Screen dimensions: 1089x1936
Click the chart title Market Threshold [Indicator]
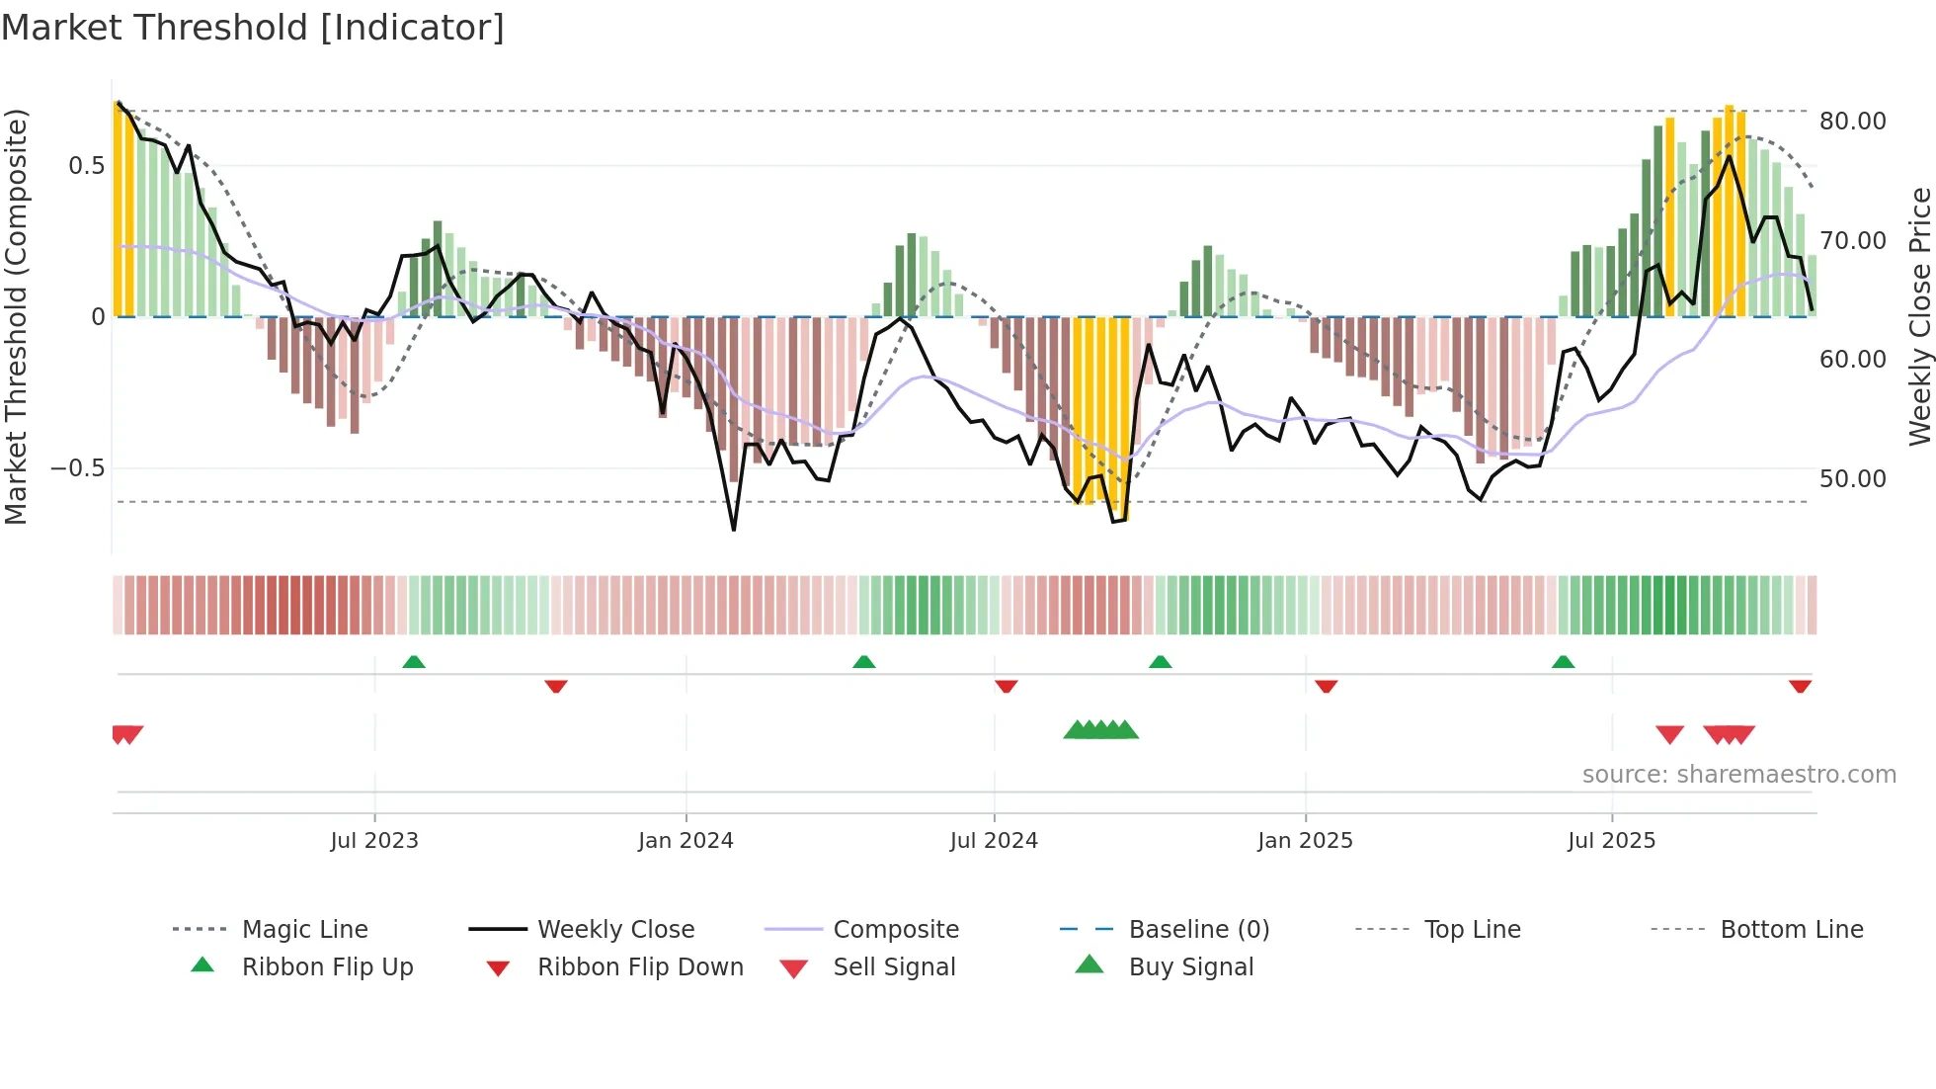253,28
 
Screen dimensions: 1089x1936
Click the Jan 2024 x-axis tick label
686,841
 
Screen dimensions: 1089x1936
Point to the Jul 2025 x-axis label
1611,841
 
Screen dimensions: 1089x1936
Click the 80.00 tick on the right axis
1852,122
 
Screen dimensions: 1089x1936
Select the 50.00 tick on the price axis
1852,479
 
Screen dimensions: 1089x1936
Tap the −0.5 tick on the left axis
78,468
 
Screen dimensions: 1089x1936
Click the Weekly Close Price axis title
1919,316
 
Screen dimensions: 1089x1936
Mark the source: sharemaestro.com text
1738,775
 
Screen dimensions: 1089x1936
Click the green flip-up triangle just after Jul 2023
414,662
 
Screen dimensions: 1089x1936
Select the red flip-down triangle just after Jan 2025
1326,686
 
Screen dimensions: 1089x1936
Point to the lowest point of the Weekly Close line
734,530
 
